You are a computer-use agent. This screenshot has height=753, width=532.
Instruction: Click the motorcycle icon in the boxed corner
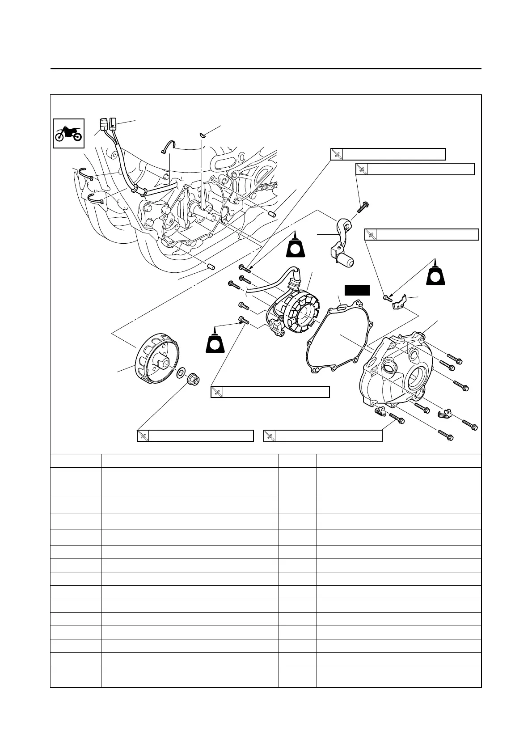click(68, 133)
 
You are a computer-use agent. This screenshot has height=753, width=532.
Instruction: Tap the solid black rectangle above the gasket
click(357, 289)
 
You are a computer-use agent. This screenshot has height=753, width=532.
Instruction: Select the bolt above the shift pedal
click(363, 207)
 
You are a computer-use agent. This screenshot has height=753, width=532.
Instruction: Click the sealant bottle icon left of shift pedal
click(295, 246)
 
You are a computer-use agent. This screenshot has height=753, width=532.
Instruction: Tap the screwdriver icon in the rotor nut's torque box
click(143, 436)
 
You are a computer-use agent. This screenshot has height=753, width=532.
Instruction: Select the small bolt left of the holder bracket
click(387, 297)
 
